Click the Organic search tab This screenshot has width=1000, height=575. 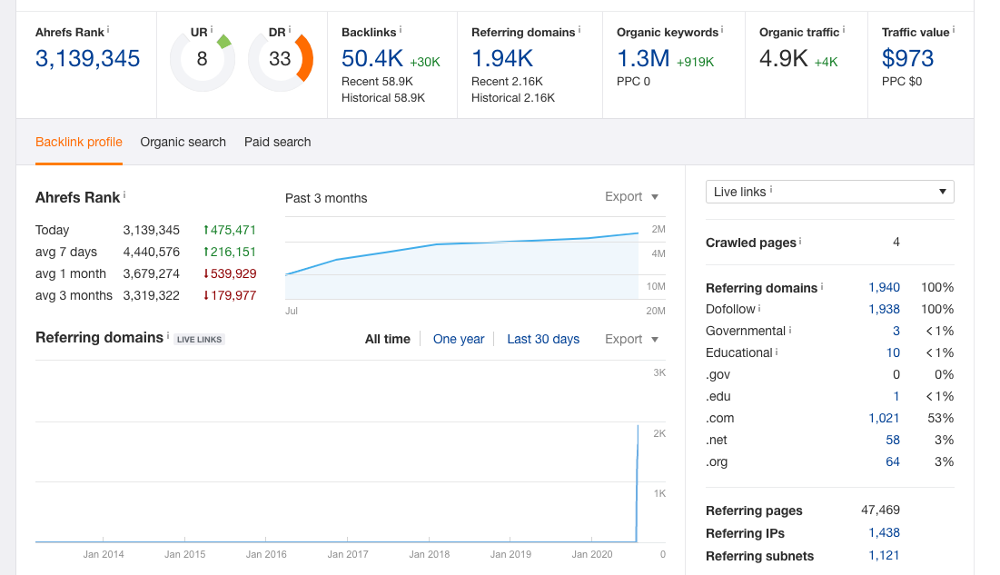[x=183, y=143]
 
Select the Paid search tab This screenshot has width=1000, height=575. [x=277, y=143]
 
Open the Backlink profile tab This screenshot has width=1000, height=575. [x=79, y=143]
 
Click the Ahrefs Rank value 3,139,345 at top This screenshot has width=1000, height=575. [x=87, y=59]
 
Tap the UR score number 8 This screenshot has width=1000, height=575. [x=203, y=59]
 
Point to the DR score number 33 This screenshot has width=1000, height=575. [x=280, y=59]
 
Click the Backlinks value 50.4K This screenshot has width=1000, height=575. [x=372, y=59]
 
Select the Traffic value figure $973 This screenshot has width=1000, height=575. [x=907, y=59]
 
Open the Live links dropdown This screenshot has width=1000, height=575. [x=830, y=192]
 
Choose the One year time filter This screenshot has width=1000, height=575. [x=459, y=340]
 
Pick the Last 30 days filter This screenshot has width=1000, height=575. [x=543, y=340]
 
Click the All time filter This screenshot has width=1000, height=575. [x=388, y=340]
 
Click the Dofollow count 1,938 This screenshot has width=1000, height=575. [x=884, y=310]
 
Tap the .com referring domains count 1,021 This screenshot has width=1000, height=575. [x=884, y=419]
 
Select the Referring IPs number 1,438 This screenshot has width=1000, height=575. [x=884, y=533]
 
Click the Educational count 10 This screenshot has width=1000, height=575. [x=893, y=353]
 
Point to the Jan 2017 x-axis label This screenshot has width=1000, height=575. [x=348, y=555]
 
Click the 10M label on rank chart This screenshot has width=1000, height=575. [x=656, y=286]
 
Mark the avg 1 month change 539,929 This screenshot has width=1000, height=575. [x=230, y=273]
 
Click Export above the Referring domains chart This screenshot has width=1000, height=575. [x=631, y=340]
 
